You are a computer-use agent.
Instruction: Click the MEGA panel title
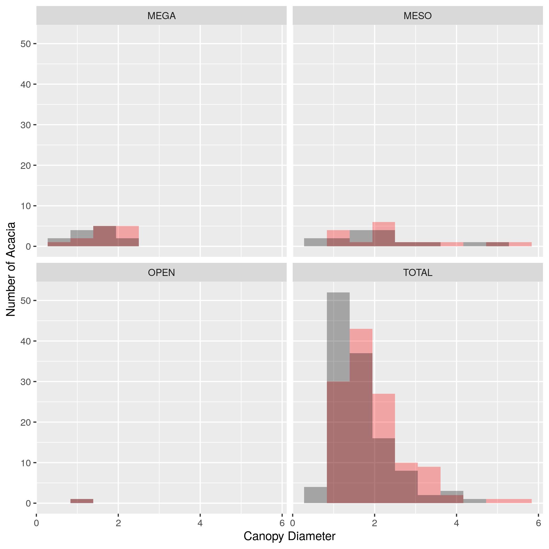162,16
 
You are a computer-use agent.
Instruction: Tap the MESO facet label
418,16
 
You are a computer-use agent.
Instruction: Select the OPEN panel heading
162,273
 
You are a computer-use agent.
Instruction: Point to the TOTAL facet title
418,273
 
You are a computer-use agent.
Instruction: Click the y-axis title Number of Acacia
11,269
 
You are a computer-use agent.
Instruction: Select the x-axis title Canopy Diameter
289,536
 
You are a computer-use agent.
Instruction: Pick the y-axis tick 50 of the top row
26,44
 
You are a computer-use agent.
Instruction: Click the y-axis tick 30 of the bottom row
26,382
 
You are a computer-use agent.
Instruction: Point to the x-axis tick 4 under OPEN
200,523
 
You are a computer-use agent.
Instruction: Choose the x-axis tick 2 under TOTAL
375,523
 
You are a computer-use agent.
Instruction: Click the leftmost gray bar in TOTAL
316,495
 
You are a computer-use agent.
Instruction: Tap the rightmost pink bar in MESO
520,244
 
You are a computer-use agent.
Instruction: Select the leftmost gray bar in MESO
316,242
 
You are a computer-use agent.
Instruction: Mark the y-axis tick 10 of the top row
26,206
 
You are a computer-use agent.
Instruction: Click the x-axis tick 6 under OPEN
282,523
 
